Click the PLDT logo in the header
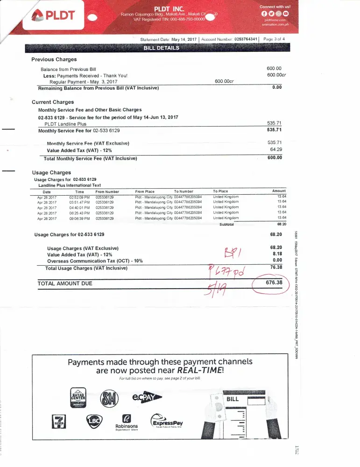pyautogui.click(x=54, y=15)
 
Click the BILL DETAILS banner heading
pyautogui.click(x=161, y=48)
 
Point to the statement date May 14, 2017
pyautogui.click(x=184, y=39)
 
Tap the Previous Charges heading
pyautogui.click(x=54, y=59)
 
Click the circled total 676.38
pyautogui.click(x=274, y=283)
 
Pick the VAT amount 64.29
pyautogui.click(x=276, y=149)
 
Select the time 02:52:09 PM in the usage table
pyautogui.click(x=79, y=197)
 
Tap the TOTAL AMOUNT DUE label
pyautogui.click(x=65, y=283)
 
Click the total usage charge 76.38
pyautogui.click(x=276, y=267)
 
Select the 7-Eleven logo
pyautogui.click(x=58, y=423)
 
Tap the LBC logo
pyautogui.click(x=93, y=422)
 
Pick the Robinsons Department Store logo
pyautogui.click(x=127, y=423)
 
